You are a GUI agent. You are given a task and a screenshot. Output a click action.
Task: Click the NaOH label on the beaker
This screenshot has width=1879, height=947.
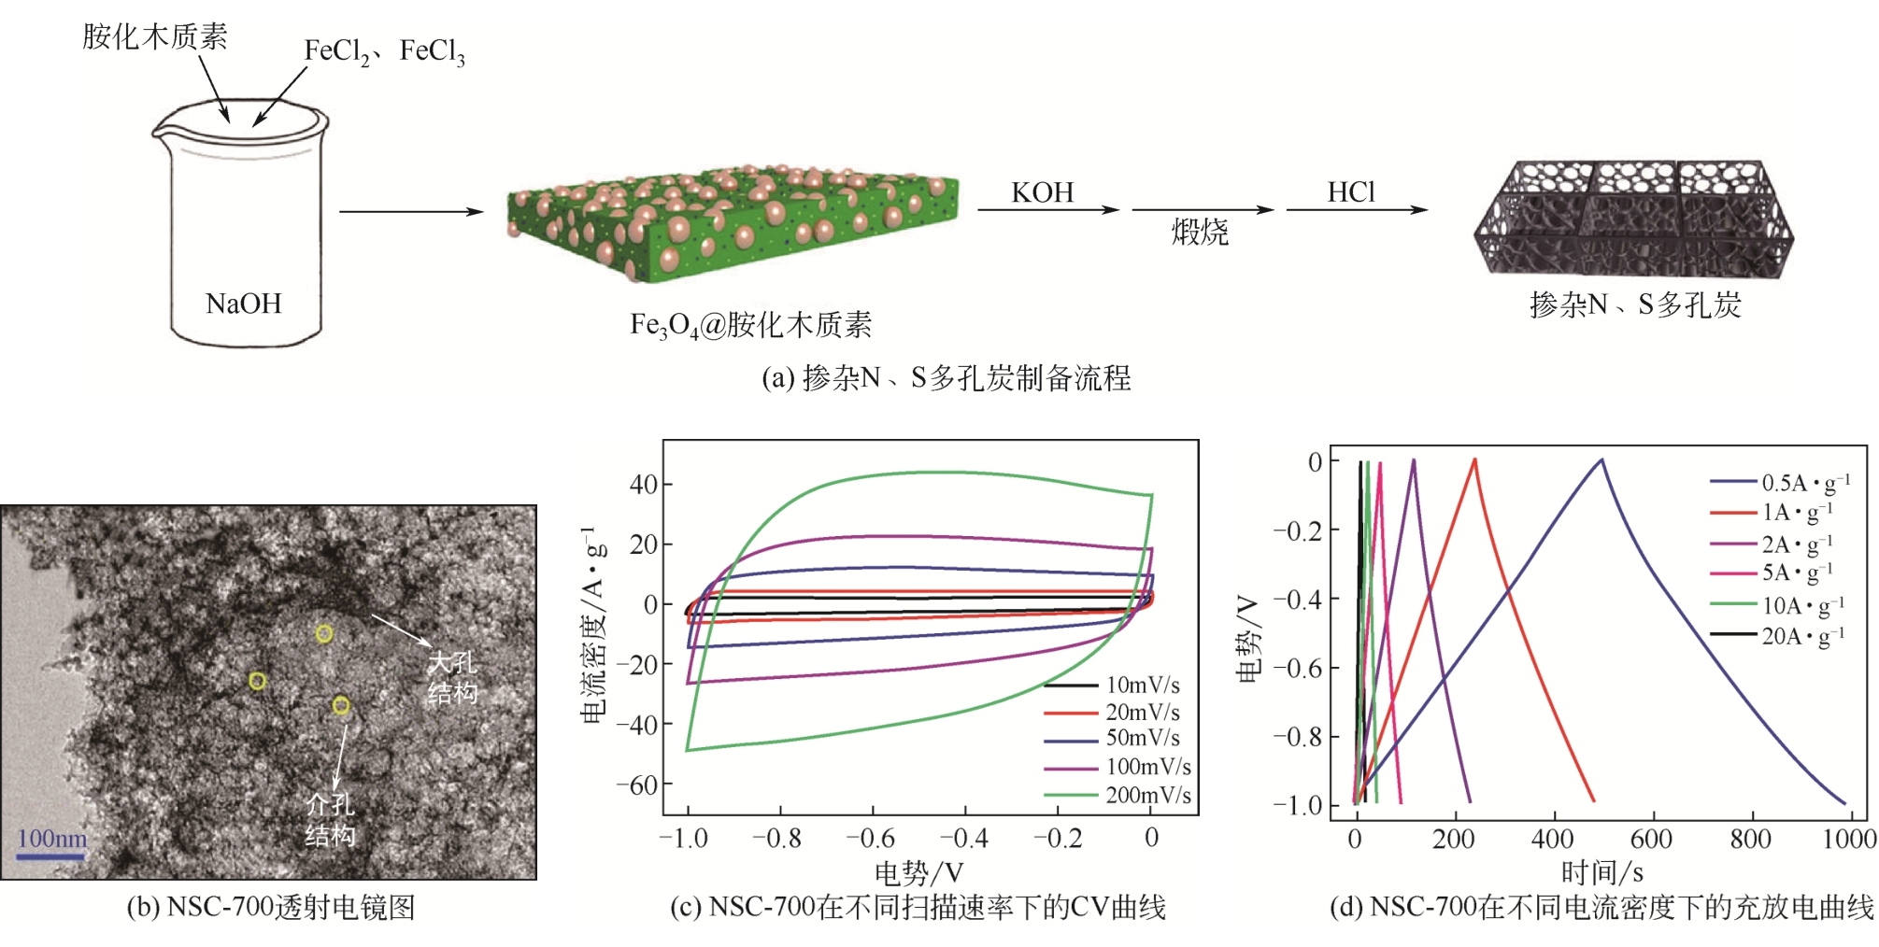pyautogui.click(x=243, y=304)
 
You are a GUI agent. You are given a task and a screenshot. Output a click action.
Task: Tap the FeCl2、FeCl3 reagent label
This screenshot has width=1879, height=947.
pyautogui.click(x=384, y=51)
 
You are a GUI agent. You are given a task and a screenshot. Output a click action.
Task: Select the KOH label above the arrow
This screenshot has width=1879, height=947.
pyautogui.click(x=1043, y=192)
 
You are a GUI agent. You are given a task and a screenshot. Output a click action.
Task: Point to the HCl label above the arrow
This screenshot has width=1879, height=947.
pyautogui.click(x=1351, y=192)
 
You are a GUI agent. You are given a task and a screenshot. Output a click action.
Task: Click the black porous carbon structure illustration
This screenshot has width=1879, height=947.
pyautogui.click(x=1633, y=219)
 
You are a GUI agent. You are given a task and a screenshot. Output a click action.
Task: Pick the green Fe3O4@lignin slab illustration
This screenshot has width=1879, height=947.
pyautogui.click(x=733, y=224)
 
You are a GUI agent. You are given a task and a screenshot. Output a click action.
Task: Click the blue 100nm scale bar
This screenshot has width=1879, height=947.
pyautogui.click(x=51, y=855)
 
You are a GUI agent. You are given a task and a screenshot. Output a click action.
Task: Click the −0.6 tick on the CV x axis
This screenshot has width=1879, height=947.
pyautogui.click(x=872, y=838)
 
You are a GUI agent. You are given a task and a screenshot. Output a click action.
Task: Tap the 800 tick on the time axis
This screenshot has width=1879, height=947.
pyautogui.click(x=1750, y=839)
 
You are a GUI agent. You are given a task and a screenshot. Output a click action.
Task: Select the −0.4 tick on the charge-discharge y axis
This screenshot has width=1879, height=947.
pyautogui.click(x=1299, y=599)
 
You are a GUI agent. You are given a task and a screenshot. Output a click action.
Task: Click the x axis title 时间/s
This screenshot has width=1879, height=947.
pyautogui.click(x=1601, y=872)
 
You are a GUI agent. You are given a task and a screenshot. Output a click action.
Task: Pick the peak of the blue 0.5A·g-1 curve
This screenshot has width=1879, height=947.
pyautogui.click(x=1601, y=459)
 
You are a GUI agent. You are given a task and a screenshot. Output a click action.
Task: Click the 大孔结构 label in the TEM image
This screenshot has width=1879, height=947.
pyautogui.click(x=453, y=678)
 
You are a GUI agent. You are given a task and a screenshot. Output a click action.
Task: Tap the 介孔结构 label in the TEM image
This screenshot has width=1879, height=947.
pyautogui.click(x=330, y=819)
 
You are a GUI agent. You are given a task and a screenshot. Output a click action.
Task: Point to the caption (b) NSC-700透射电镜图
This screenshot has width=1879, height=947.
pyautogui.click(x=270, y=907)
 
